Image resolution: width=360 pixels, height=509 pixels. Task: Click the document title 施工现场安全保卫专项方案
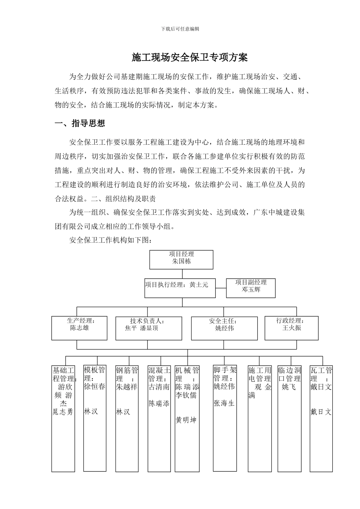(189, 58)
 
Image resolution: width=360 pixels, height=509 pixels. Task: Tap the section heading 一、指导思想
(80, 123)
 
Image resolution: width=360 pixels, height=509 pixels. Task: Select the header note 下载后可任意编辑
(180, 29)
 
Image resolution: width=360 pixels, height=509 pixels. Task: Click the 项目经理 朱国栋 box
(182, 259)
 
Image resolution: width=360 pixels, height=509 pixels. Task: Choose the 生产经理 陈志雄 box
(79, 328)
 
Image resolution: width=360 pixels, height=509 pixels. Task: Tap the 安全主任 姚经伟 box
(224, 328)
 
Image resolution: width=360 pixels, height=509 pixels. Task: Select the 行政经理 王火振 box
(291, 328)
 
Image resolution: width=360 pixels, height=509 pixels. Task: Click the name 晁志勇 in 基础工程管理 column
(63, 412)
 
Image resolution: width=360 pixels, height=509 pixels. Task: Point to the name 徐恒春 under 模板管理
(94, 387)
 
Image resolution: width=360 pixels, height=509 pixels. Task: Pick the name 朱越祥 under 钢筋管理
(127, 387)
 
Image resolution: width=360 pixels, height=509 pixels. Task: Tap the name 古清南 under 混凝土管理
(159, 387)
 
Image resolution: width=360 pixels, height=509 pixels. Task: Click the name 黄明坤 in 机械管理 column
(186, 420)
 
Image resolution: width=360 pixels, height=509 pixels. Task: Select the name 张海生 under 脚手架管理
(224, 403)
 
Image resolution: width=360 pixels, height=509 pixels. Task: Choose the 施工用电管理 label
(260, 374)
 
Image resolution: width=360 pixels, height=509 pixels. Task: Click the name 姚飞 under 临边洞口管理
(288, 387)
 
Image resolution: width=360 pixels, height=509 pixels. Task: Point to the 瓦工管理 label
(321, 374)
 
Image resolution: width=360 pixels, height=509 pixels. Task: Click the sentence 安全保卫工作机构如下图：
(111, 240)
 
